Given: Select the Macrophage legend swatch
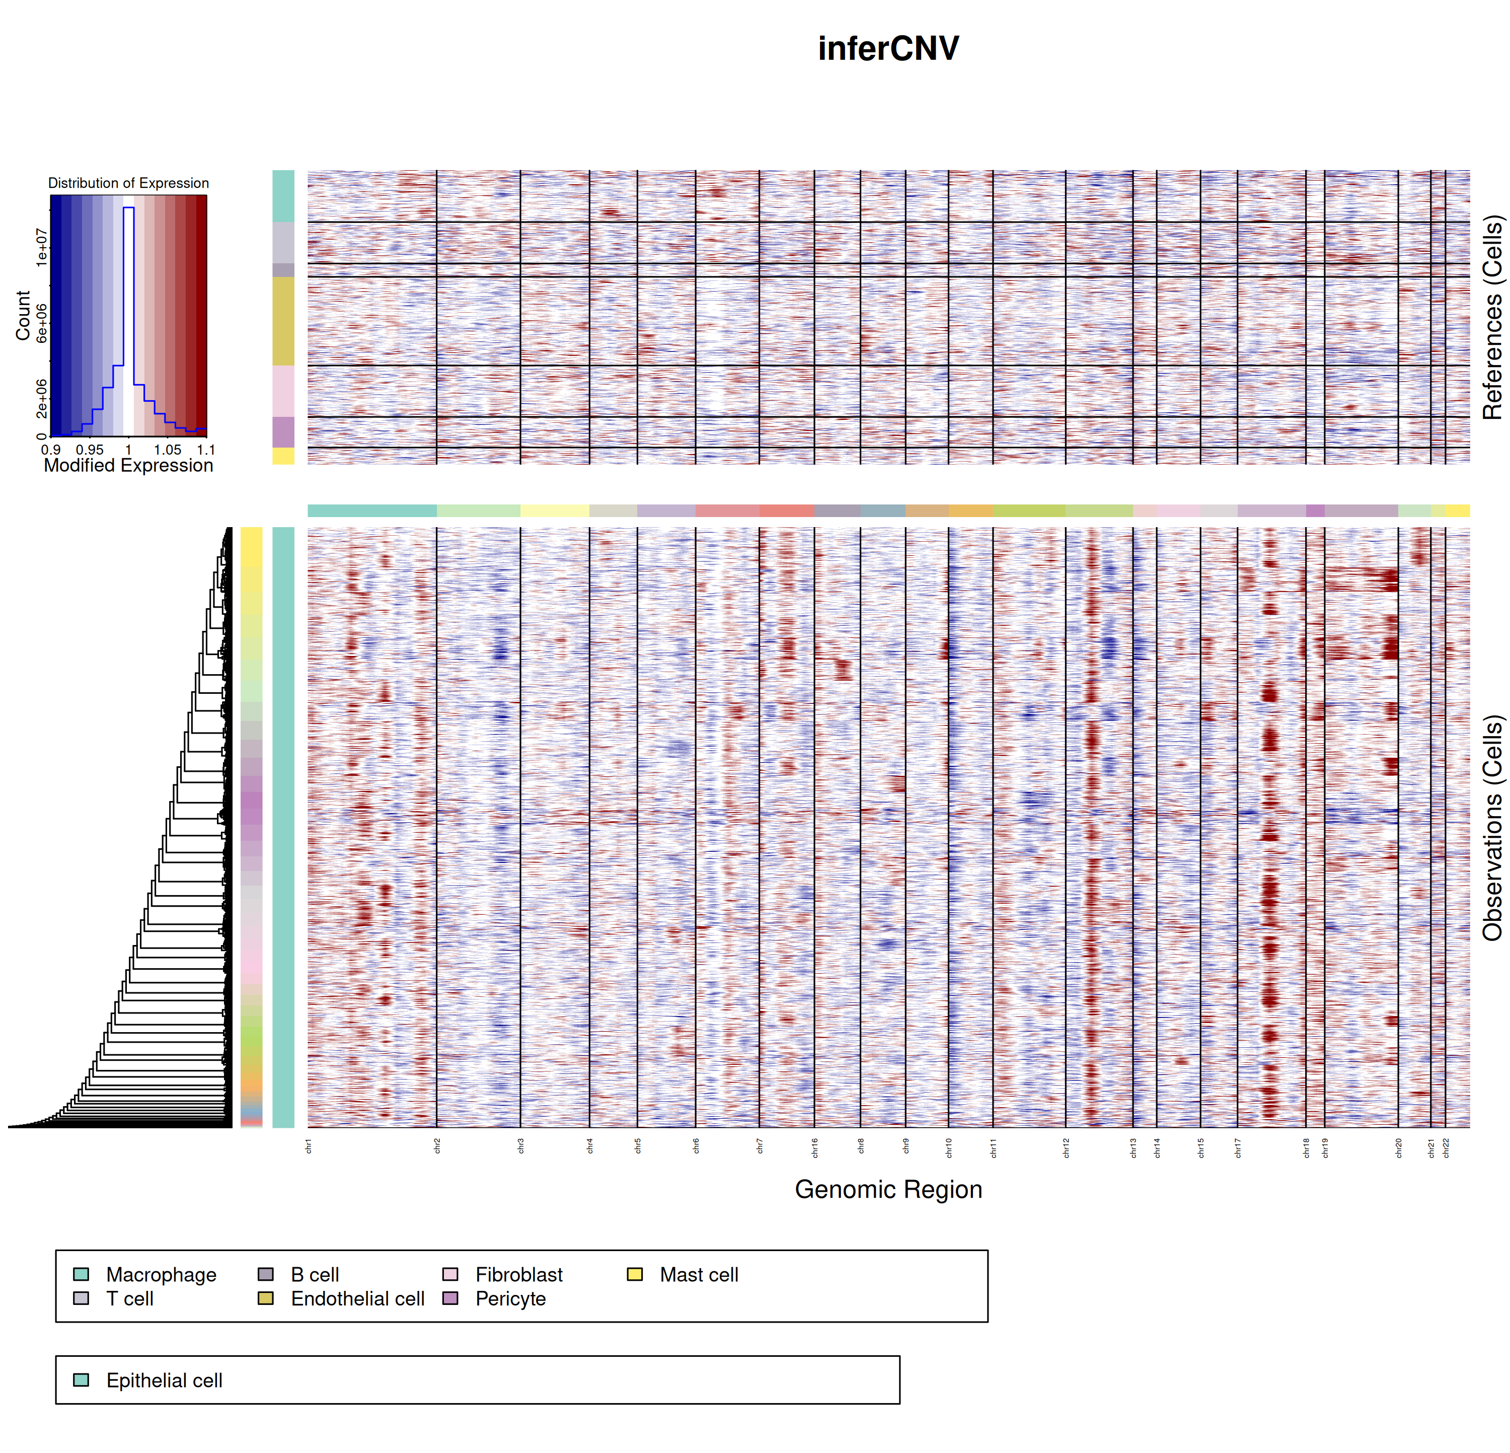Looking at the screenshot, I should point(81,1274).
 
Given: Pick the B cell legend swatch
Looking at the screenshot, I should point(266,1274).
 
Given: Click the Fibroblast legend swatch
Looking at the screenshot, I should point(450,1274).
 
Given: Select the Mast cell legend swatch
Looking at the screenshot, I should point(635,1274).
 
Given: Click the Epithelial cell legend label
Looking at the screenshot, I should point(164,1381).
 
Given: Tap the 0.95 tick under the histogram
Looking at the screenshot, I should point(90,449).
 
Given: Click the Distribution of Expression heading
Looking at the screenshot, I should point(129,183).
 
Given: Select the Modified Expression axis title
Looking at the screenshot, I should point(129,465).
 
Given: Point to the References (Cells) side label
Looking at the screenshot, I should point(1493,317).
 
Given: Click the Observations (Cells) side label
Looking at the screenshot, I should point(1493,828).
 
